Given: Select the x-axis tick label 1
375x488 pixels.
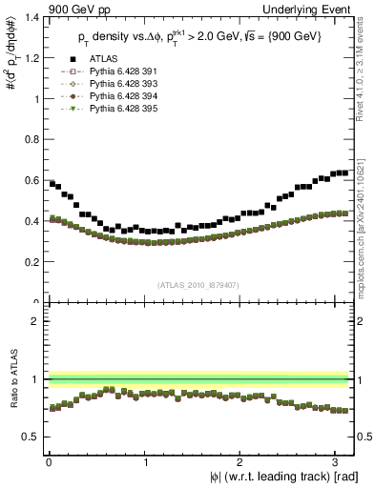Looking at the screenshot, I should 145,460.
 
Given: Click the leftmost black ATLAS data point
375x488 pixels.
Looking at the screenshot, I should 52,183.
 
